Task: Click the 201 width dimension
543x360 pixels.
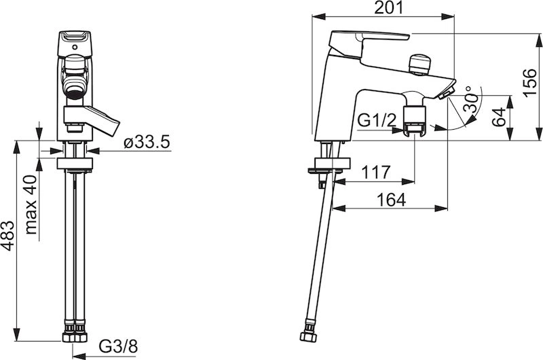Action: (x=389, y=7)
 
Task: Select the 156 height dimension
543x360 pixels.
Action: (x=529, y=83)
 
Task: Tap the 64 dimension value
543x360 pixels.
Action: (x=499, y=117)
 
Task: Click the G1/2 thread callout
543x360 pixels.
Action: (x=377, y=120)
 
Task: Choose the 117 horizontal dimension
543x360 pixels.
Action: (x=376, y=172)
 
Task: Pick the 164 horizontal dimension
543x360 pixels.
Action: (x=391, y=200)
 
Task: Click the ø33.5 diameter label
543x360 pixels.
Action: (x=147, y=142)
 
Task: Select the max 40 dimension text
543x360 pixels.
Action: (x=31, y=204)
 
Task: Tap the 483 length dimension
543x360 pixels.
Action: (x=7, y=236)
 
